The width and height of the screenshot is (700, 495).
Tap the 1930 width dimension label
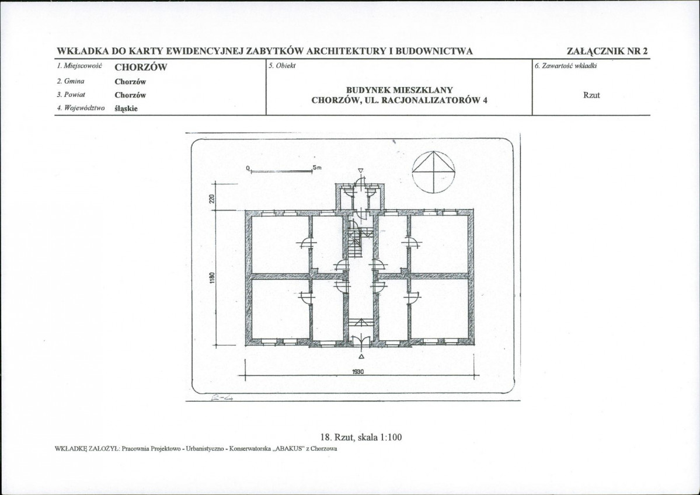(x=358, y=371)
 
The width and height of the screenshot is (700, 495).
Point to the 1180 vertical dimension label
(x=212, y=277)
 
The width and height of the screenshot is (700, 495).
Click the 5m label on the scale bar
(x=317, y=168)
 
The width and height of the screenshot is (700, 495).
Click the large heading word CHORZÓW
(x=141, y=67)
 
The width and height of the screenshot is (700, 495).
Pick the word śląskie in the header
(x=126, y=109)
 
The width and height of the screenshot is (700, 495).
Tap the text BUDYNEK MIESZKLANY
(x=399, y=90)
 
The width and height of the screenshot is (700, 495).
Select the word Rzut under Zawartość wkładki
(x=591, y=95)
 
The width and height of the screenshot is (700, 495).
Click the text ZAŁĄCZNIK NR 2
(x=607, y=51)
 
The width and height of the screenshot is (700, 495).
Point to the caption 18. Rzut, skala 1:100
(x=361, y=437)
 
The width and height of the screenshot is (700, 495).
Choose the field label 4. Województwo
(x=81, y=108)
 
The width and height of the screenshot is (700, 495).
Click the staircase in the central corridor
(x=354, y=242)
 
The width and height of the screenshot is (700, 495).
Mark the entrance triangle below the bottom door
(x=361, y=356)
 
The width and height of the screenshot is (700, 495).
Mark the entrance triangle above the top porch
(x=361, y=170)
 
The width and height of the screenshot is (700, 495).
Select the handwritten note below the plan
(x=222, y=398)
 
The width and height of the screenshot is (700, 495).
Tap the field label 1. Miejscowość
(x=79, y=66)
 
